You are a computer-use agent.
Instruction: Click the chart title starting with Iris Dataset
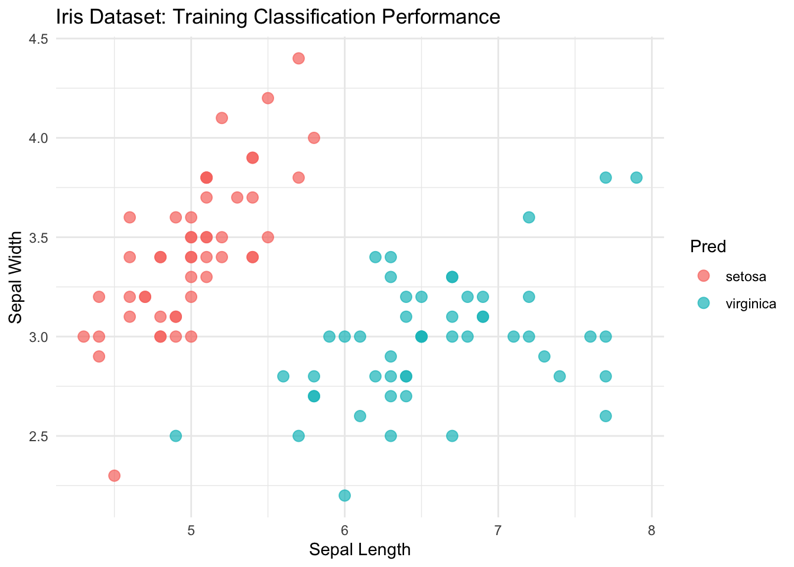[x=278, y=17]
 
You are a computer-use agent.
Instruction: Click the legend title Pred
[x=708, y=246]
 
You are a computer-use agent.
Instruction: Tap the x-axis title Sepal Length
[x=359, y=550]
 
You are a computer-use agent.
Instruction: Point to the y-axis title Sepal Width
[x=16, y=277]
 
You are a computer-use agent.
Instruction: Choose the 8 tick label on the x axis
[x=651, y=530]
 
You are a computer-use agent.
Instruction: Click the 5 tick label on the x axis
[x=191, y=530]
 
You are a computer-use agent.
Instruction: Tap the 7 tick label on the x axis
[x=498, y=530]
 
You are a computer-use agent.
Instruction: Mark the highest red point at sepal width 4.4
[x=298, y=58]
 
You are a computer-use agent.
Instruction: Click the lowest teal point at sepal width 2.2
[x=344, y=495]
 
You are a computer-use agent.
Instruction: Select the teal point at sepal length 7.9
[x=636, y=177]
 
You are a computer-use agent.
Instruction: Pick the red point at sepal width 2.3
[x=114, y=475]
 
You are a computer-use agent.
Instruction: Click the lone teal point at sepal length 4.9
[x=175, y=436]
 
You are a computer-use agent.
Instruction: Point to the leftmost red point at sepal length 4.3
[x=83, y=337]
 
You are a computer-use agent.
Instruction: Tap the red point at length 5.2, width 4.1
[x=222, y=118]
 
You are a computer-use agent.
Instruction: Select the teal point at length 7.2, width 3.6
[x=529, y=217]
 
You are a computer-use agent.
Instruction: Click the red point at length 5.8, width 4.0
[x=314, y=138]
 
